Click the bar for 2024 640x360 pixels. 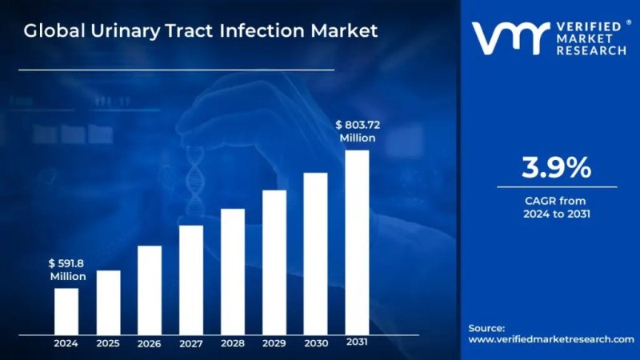click(66, 310)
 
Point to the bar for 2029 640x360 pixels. click(274, 262)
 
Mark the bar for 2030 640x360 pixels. click(316, 253)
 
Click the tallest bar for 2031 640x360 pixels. click(357, 242)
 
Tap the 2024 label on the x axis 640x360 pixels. click(66, 343)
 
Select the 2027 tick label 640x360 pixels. click(191, 343)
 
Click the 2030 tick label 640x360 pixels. click(316, 343)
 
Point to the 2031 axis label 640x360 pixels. click(357, 342)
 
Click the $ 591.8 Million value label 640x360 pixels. click(67, 269)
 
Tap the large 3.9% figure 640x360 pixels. click(557, 168)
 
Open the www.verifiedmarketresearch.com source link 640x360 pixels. click(550, 339)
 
